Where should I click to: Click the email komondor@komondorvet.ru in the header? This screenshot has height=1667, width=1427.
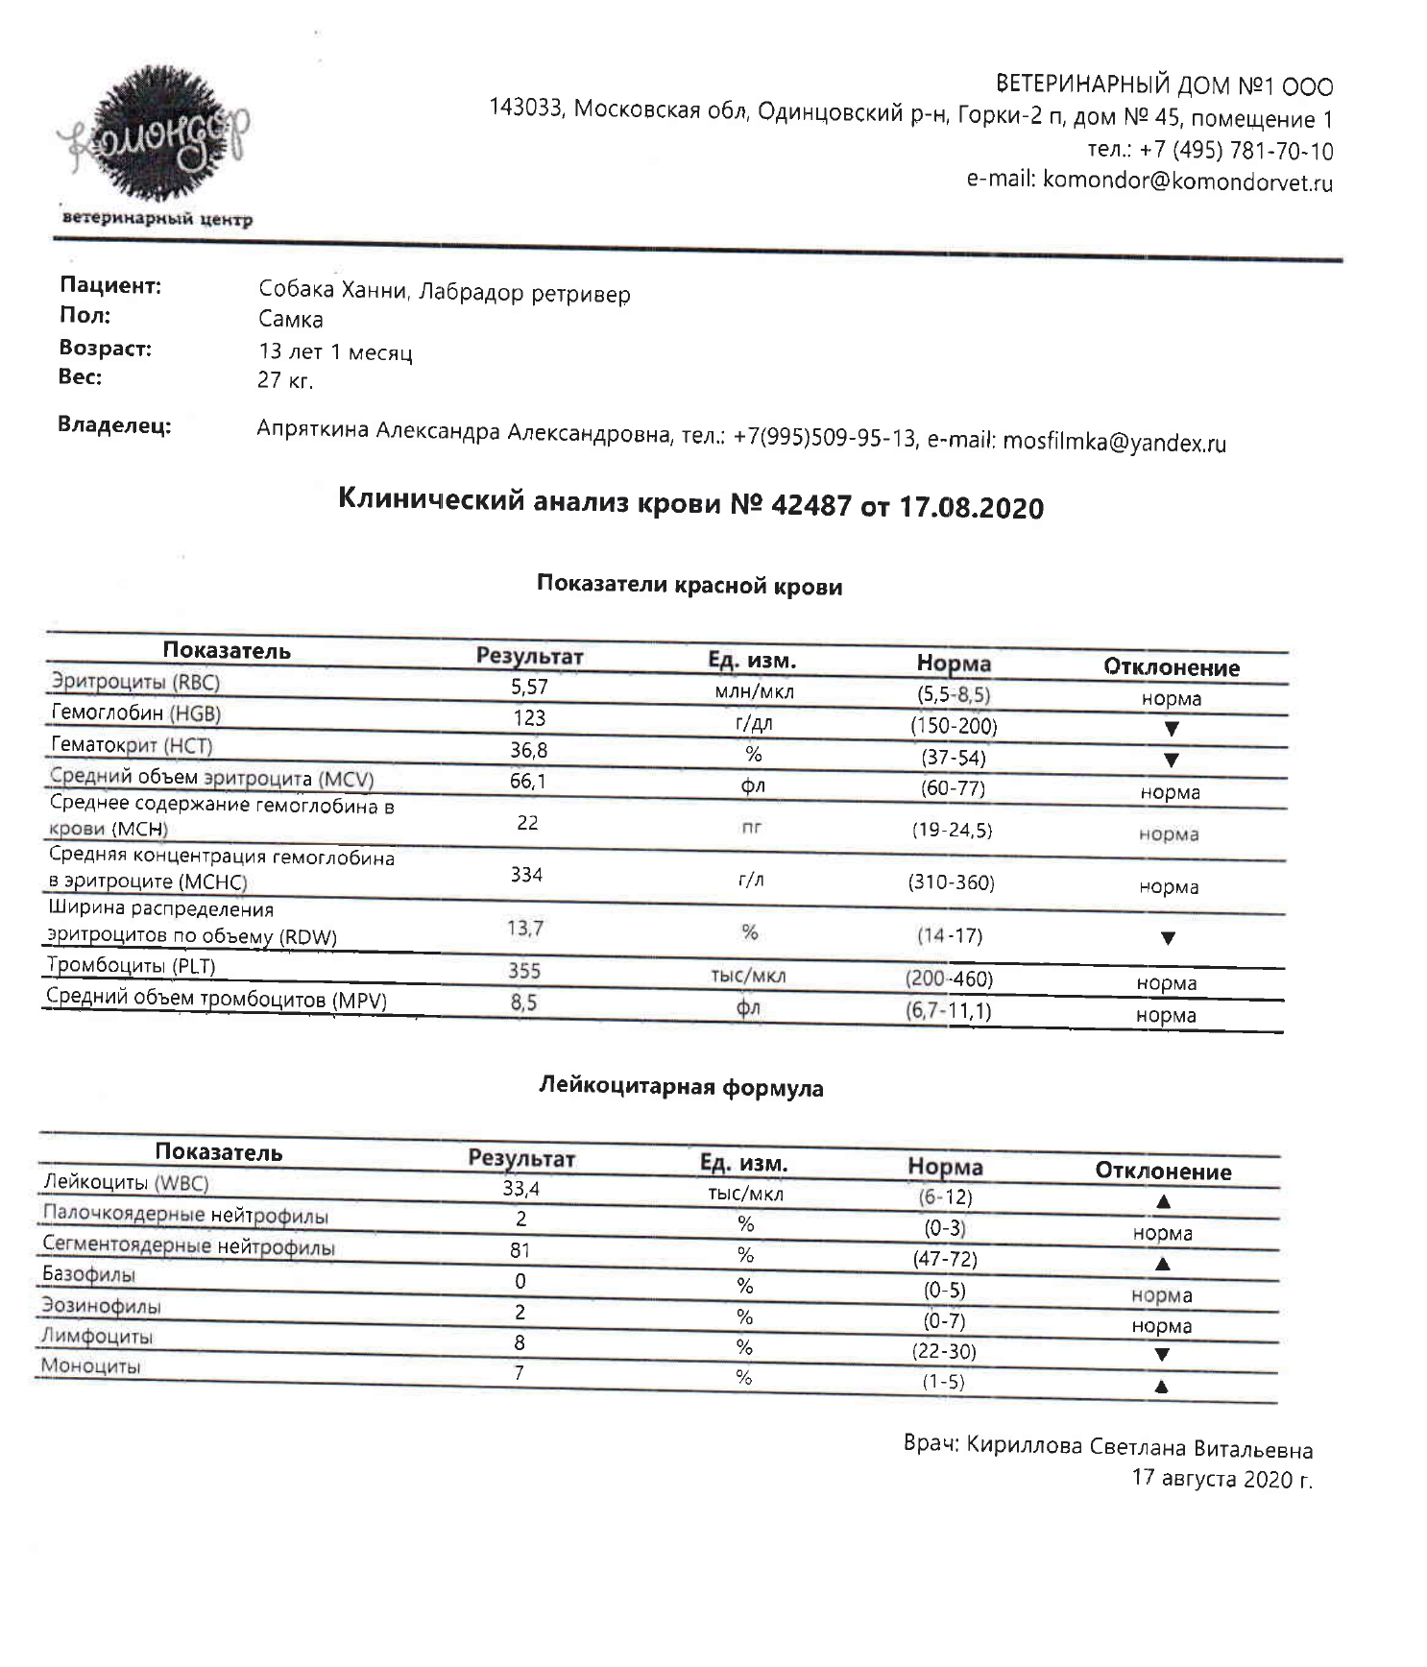pos(1187,181)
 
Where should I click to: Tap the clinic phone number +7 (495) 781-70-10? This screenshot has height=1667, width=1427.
pos(1236,151)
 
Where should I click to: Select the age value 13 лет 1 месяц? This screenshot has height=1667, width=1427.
pos(335,351)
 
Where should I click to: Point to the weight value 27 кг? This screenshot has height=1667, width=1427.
pos(285,380)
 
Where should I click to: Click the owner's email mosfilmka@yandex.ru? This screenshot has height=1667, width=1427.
pos(1114,443)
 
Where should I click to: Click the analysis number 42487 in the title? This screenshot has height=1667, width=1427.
pos(810,504)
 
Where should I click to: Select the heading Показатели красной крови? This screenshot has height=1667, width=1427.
pos(689,586)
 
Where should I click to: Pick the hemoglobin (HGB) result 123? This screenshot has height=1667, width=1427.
pos(528,717)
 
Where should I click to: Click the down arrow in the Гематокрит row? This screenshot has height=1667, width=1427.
pos(1171,760)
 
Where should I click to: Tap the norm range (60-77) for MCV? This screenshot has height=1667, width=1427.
pos(953,788)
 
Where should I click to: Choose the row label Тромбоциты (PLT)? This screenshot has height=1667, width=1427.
pos(133,966)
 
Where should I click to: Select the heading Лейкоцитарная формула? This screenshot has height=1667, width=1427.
pos(681,1087)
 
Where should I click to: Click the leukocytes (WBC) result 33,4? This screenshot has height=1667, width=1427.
pos(520,1189)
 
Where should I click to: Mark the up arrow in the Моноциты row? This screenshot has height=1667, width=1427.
pos(1161,1386)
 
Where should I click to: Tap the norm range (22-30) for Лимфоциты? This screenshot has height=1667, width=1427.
pos(943,1351)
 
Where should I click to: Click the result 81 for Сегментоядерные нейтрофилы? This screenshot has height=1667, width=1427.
pos(520,1250)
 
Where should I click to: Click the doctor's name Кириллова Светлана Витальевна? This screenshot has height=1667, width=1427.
pos(1139,1448)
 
